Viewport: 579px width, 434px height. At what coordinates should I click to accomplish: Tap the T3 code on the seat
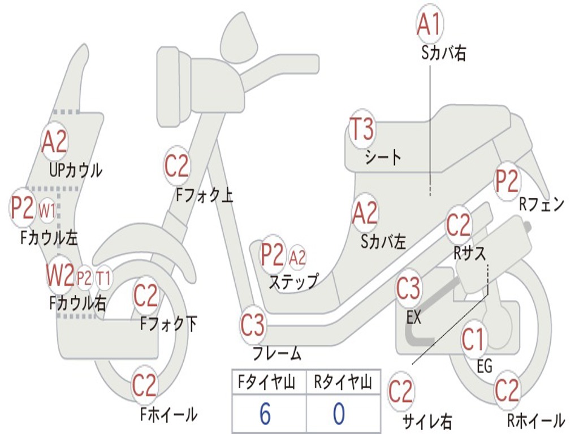(361, 130)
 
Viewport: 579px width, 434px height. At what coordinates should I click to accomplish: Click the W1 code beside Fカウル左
(47, 211)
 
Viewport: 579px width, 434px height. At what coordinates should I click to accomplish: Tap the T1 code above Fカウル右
(103, 278)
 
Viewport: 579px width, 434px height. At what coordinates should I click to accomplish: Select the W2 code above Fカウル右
(61, 276)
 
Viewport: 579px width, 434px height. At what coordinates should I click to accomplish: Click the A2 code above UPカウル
(54, 142)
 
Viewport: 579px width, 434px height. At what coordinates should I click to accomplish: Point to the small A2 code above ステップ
(297, 258)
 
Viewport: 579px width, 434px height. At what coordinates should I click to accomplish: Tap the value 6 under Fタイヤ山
(265, 414)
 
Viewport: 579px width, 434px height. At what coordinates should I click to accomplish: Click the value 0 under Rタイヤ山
(339, 414)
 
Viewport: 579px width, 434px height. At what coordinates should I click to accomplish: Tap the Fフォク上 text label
(204, 196)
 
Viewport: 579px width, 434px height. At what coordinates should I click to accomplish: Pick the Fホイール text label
(168, 415)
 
